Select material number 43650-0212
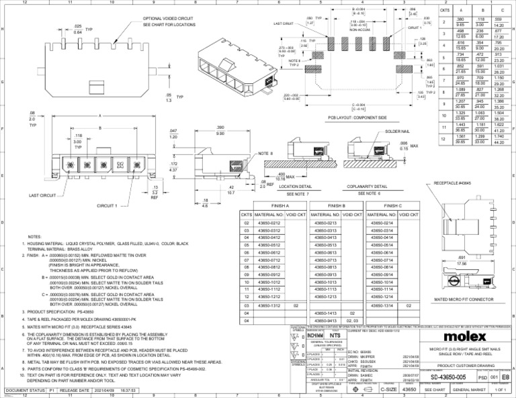[266, 222]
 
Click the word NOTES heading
[34, 237]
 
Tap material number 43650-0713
[323, 259]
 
